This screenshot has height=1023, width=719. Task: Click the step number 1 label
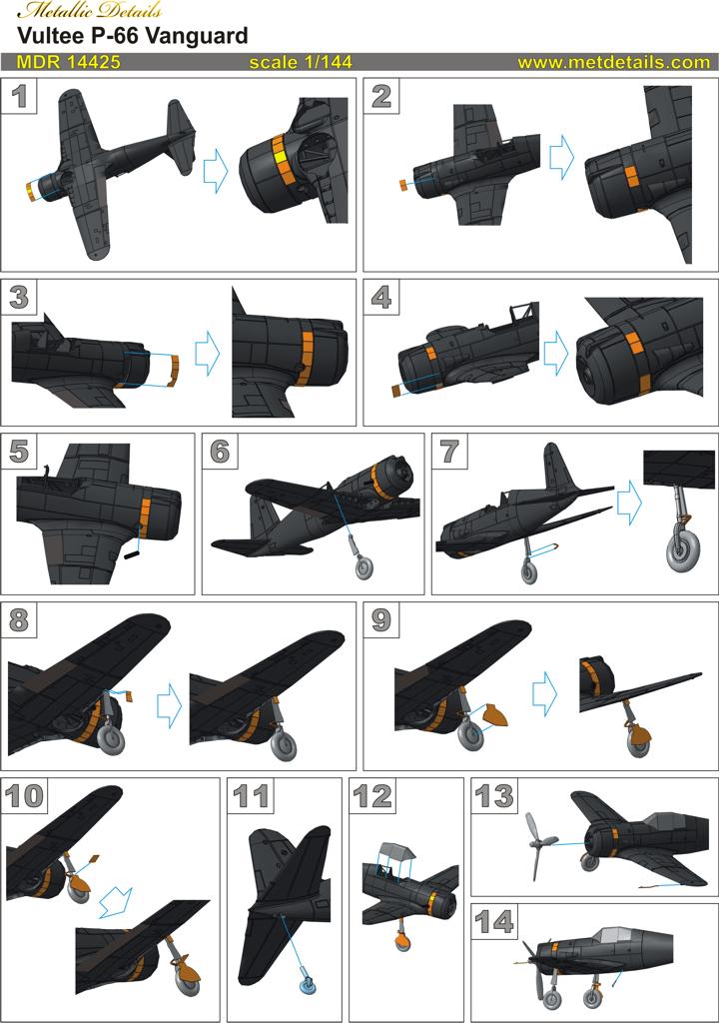[x=19, y=96]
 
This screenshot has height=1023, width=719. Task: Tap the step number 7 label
[x=449, y=451]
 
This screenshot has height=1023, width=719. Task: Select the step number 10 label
[x=24, y=796]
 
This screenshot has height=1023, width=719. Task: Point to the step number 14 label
[x=494, y=922]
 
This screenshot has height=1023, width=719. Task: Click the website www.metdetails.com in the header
[x=613, y=62]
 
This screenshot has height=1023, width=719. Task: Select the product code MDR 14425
[x=69, y=62]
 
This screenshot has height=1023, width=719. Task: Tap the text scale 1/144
[x=301, y=62]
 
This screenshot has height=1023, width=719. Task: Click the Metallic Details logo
[x=90, y=11]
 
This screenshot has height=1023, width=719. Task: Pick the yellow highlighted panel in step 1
[x=280, y=158]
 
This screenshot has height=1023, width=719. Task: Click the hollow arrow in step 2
[x=561, y=159]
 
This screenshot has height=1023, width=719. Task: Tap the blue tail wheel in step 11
[x=308, y=987]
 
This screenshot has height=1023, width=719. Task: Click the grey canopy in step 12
[x=397, y=850]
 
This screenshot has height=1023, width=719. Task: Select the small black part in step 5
[x=133, y=555]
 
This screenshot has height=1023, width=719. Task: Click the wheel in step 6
[x=364, y=567]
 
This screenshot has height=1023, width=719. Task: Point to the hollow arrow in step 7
[x=629, y=503]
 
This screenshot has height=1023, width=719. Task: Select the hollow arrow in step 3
[x=208, y=353]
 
